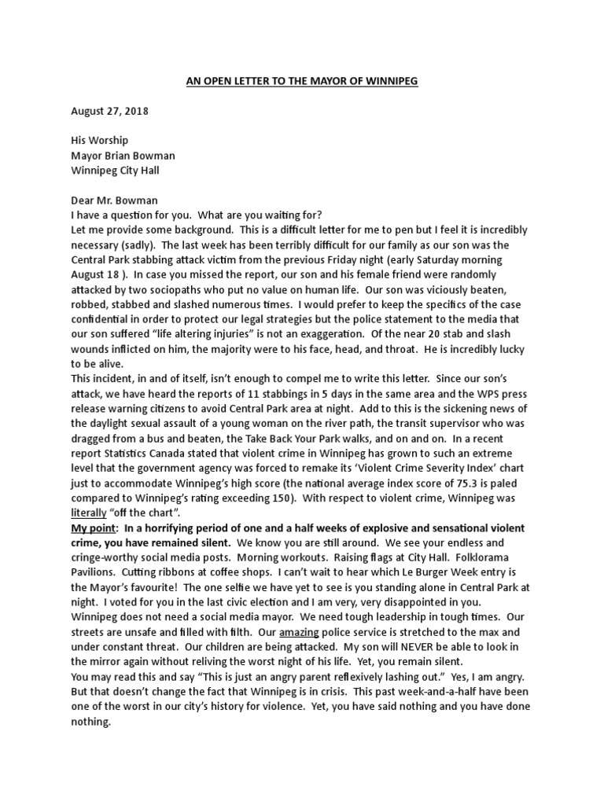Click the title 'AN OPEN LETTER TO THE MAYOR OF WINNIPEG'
click(301, 80)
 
